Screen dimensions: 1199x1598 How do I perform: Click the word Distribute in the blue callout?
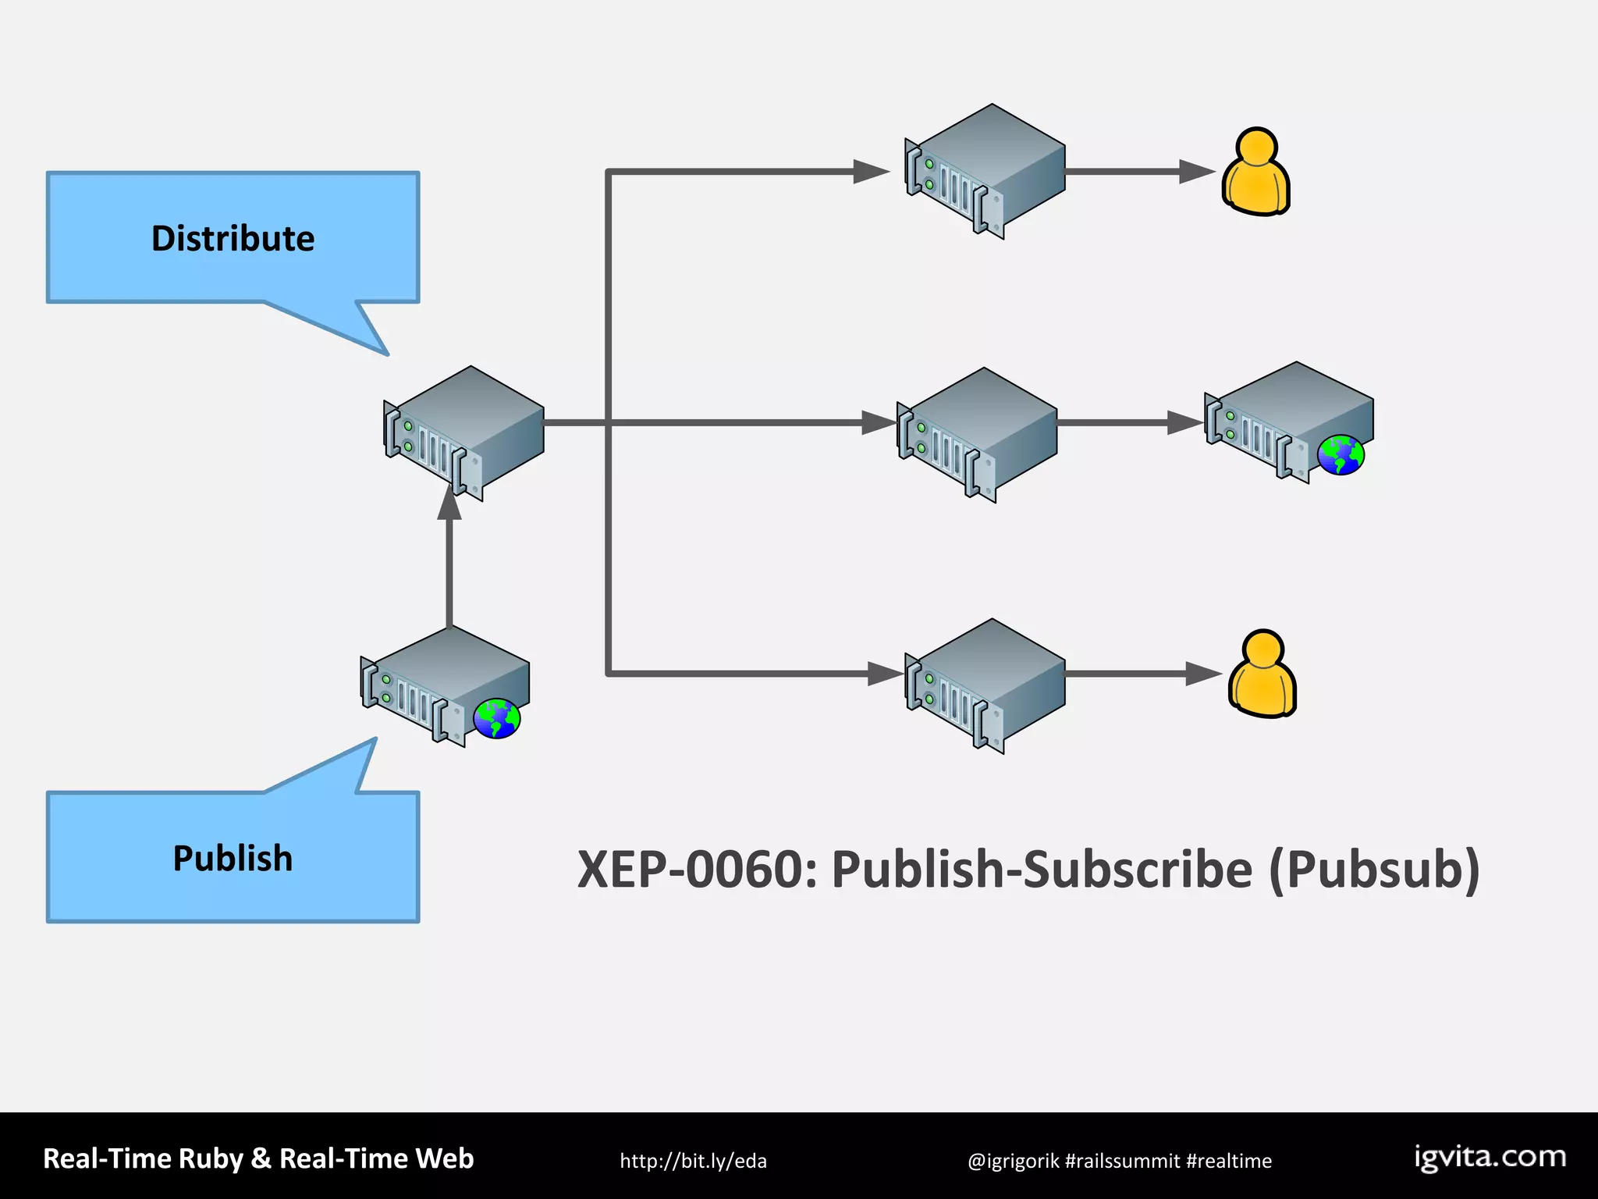(233, 238)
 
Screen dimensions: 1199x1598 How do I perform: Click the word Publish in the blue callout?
(233, 858)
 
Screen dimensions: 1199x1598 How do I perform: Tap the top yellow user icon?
(1255, 173)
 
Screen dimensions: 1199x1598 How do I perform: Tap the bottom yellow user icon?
(1262, 674)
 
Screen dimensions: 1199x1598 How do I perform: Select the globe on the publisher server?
(497, 718)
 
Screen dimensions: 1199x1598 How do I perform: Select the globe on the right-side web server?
(1341, 455)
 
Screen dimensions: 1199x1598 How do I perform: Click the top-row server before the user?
(985, 171)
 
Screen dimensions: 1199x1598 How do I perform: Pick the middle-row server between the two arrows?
(977, 434)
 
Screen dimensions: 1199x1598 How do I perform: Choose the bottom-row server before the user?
(985, 685)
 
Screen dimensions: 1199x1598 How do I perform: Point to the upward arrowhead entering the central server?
(449, 502)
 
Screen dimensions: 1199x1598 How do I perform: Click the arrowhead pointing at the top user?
(1195, 172)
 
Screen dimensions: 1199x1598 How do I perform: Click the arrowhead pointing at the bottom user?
(1202, 674)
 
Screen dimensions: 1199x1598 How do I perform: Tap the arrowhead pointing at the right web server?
(1184, 423)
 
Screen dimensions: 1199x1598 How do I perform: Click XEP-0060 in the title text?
(697, 870)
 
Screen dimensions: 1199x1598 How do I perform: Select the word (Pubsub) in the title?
(1374, 870)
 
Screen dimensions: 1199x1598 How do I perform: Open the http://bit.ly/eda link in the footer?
(693, 1161)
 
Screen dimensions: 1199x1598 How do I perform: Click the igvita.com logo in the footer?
(1490, 1157)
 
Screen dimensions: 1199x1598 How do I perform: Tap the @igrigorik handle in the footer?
(1013, 1161)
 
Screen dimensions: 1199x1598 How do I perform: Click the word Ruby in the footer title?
(211, 1158)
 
